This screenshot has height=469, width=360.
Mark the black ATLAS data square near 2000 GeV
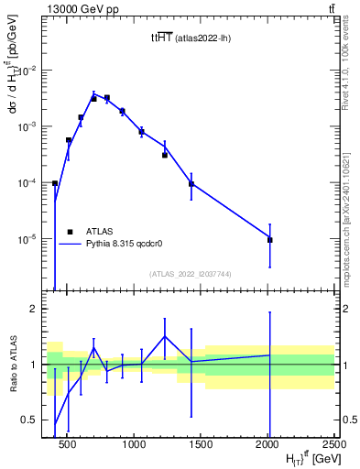pos(269,240)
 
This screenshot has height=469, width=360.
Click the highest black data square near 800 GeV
pos(106,98)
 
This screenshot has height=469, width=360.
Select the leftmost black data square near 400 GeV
pos(55,183)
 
